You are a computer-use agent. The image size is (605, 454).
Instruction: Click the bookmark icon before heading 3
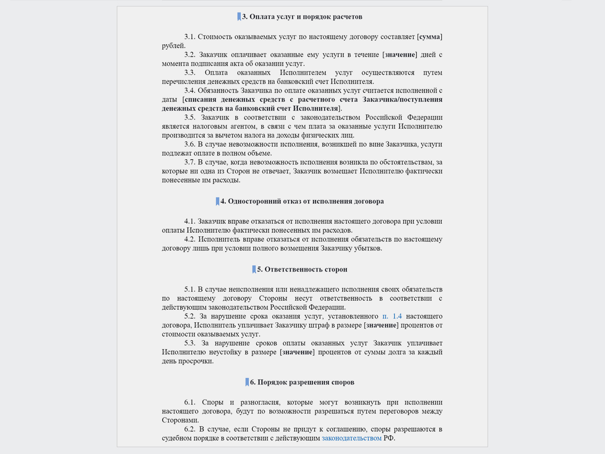[239, 17]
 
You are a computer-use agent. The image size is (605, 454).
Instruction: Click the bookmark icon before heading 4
[217, 201]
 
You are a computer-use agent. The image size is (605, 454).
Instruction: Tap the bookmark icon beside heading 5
[254, 269]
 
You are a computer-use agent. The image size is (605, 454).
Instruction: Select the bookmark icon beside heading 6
[247, 382]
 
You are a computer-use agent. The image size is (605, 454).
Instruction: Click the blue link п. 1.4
[392, 316]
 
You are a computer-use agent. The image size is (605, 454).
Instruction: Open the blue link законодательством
[352, 438]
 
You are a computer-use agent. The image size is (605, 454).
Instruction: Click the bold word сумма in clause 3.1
[430, 37]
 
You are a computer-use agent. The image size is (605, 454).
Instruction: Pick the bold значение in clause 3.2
[400, 55]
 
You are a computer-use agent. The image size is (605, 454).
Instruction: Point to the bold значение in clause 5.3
[297, 352]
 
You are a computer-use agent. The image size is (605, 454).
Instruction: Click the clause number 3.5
[190, 118]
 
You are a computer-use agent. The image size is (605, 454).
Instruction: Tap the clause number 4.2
[190, 239]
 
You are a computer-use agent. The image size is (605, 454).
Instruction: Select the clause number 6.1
[190, 403]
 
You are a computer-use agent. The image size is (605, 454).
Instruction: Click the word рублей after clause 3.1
[173, 46]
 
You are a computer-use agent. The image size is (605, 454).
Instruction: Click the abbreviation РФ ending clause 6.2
[389, 438]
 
